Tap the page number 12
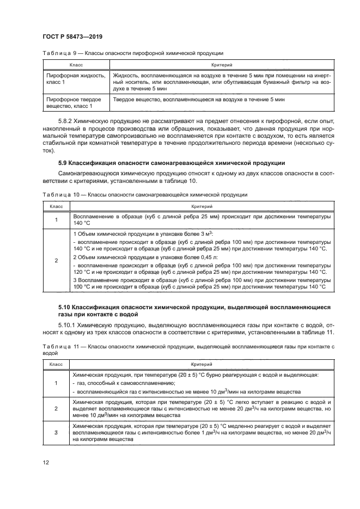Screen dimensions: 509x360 (46, 463)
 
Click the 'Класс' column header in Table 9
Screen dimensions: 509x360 (76, 64)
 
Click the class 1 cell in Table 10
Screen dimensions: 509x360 (56, 219)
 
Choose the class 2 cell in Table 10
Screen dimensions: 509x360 (56, 260)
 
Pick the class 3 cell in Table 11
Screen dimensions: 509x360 (56, 432)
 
